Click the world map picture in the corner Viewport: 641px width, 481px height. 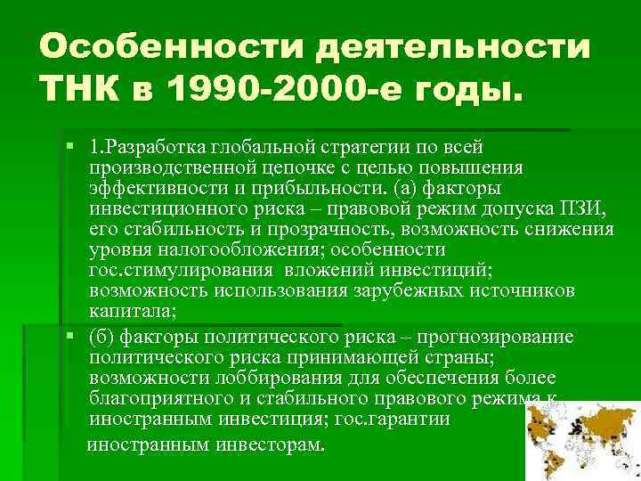point(583,441)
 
